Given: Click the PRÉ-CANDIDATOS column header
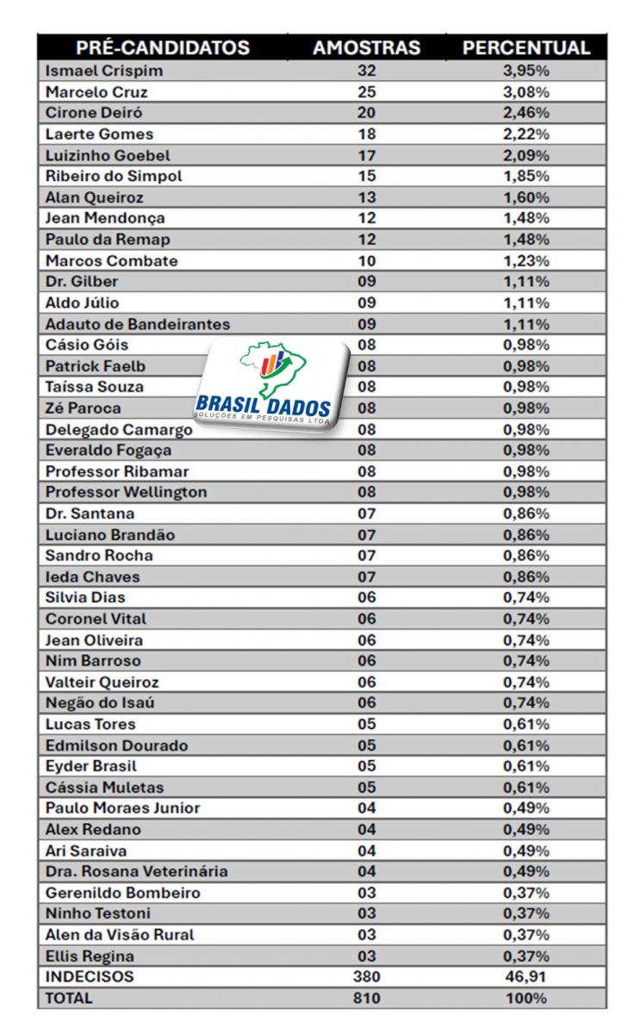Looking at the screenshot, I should tap(163, 48).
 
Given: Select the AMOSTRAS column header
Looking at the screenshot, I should tap(366, 48).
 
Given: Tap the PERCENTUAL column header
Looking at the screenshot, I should tap(526, 48).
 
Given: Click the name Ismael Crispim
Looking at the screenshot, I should tap(104, 71).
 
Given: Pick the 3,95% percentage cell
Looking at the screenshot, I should tap(526, 71).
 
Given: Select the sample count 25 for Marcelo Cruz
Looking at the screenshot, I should tap(366, 92).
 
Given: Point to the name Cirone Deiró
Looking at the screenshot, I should tap(94, 113).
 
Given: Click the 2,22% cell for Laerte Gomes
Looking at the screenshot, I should tap(526, 134).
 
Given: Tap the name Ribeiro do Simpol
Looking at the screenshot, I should tap(114, 176).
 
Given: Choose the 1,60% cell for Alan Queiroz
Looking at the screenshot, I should tap(526, 197).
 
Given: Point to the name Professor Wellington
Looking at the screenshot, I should tap(126, 492).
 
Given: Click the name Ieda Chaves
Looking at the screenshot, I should tap(92, 576).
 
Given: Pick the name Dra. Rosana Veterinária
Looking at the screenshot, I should tap(136, 871).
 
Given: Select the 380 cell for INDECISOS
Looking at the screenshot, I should tap(366, 977).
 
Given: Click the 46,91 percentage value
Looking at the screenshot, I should tap(526, 977).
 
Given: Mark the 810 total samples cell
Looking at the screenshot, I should tap(366, 998).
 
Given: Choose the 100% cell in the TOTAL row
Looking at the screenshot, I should tap(526, 998).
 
